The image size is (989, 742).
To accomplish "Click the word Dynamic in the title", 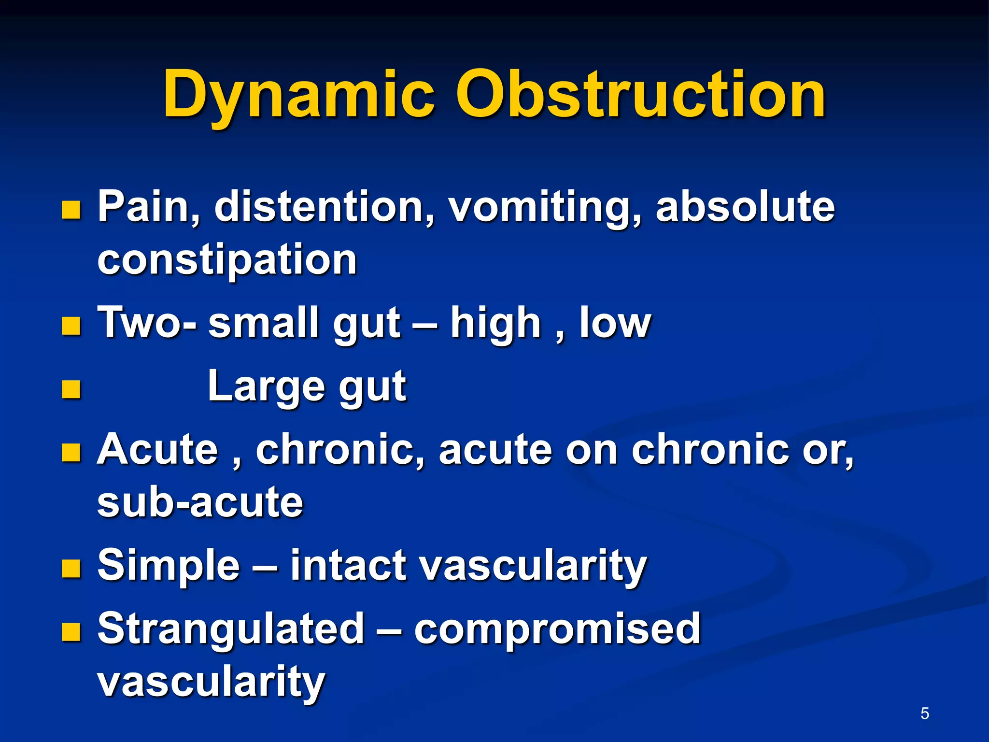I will pos(298,94).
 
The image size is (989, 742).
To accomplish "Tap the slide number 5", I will pos(924,713).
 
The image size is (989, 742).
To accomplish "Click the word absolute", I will pos(745,207).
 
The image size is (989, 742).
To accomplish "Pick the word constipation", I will pos(227,260).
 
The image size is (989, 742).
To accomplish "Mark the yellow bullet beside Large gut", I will pos(71,389).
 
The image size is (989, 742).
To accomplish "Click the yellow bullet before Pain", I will pos(71,211).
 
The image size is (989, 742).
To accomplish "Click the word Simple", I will pos(169,565).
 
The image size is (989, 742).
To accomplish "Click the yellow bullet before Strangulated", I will pos(71,632).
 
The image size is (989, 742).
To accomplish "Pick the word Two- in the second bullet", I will pos(147,323).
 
